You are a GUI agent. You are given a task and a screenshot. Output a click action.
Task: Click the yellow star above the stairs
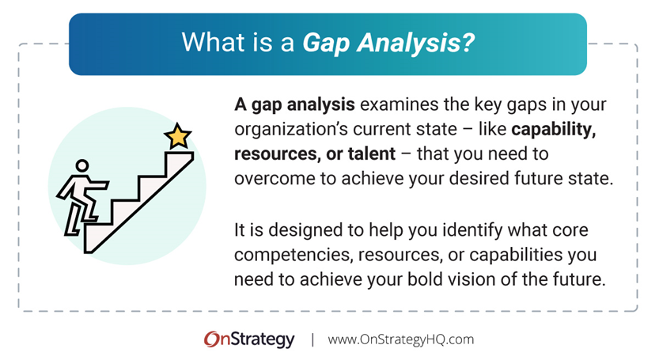click(x=178, y=136)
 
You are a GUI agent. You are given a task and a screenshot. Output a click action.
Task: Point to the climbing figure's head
click(x=81, y=168)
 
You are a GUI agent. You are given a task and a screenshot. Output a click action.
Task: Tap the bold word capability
click(x=554, y=129)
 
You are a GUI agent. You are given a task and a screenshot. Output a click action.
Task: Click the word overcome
click(x=270, y=177)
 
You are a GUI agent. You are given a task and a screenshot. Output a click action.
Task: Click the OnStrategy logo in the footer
click(x=248, y=339)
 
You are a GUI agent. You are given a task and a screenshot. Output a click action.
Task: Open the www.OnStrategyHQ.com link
click(x=400, y=339)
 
